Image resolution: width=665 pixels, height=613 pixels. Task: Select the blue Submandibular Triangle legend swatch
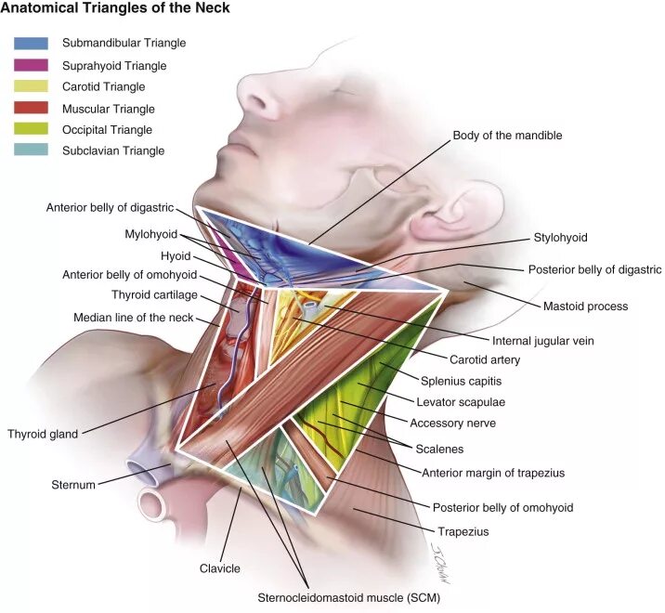[31, 43]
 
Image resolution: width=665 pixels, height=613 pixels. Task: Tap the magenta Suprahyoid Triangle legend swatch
[31, 65]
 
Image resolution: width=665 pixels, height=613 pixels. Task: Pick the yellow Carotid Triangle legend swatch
[31, 86]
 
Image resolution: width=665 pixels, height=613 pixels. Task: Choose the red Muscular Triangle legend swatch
[31, 108]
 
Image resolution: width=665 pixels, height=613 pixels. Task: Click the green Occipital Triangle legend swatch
[31, 129]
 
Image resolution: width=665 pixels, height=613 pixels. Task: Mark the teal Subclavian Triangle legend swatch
[31, 150]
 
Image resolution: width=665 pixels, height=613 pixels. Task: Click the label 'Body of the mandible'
[507, 136]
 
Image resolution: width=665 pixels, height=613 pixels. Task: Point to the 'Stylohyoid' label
[560, 238]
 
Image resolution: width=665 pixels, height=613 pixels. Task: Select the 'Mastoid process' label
[585, 306]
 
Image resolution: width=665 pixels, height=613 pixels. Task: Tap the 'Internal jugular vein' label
[542, 341]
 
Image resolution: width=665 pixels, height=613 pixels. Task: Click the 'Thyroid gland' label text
[43, 434]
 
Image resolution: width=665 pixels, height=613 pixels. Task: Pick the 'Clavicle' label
[220, 568]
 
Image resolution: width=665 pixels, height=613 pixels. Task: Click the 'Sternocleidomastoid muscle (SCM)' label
[348, 599]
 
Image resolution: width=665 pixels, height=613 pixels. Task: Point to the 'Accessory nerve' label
[453, 423]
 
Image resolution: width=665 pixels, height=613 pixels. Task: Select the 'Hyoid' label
[175, 255]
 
